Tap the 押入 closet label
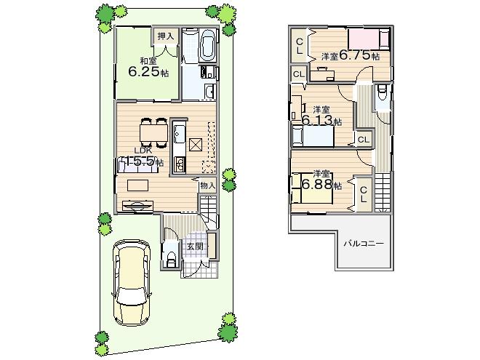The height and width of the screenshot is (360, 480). coord(166,36)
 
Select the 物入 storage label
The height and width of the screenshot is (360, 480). coord(207,186)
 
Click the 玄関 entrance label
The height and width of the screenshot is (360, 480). coord(194,247)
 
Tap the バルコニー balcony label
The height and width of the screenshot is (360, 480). coord(364,244)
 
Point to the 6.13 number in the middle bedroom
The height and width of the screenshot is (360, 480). coord(319,120)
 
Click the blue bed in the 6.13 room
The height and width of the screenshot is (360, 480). coord(313,136)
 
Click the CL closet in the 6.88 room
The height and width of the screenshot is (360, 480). coord(362,194)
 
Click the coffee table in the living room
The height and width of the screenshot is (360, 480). coord(137,185)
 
